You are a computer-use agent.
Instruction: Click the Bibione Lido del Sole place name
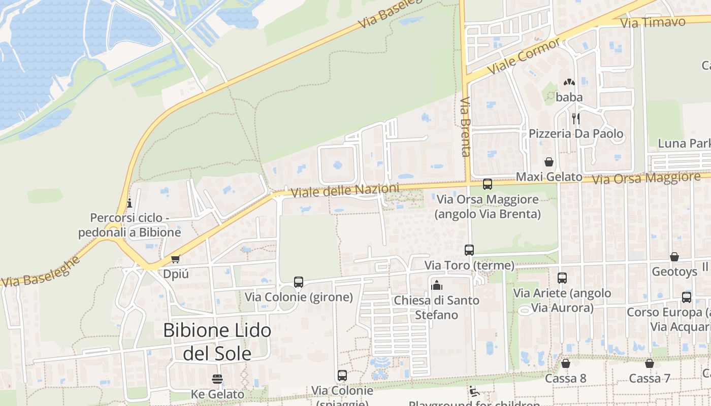pyautogui.click(x=217, y=342)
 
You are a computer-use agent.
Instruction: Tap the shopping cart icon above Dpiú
pyautogui.click(x=176, y=259)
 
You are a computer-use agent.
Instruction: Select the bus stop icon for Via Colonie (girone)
pyautogui.click(x=299, y=282)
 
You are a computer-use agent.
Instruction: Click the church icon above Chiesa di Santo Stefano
pyautogui.click(x=436, y=285)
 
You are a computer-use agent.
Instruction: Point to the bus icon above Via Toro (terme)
pyautogui.click(x=469, y=250)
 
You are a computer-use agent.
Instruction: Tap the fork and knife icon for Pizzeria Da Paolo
pyautogui.click(x=576, y=119)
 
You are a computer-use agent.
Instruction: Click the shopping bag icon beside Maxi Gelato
pyautogui.click(x=549, y=162)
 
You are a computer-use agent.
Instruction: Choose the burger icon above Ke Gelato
pyautogui.click(x=217, y=379)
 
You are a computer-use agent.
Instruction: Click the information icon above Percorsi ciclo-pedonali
pyautogui.click(x=130, y=204)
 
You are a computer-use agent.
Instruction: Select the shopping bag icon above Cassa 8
pyautogui.click(x=565, y=363)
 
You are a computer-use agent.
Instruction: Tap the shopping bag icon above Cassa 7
pyautogui.click(x=650, y=363)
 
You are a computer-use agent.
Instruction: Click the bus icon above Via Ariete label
pyautogui.click(x=562, y=278)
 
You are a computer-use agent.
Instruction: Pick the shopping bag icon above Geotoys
pyautogui.click(x=674, y=257)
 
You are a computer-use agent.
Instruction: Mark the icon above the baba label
pyautogui.click(x=569, y=82)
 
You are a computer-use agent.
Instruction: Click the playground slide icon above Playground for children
pyautogui.click(x=474, y=391)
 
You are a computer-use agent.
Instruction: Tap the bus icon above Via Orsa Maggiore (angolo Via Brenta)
pyautogui.click(x=488, y=184)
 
